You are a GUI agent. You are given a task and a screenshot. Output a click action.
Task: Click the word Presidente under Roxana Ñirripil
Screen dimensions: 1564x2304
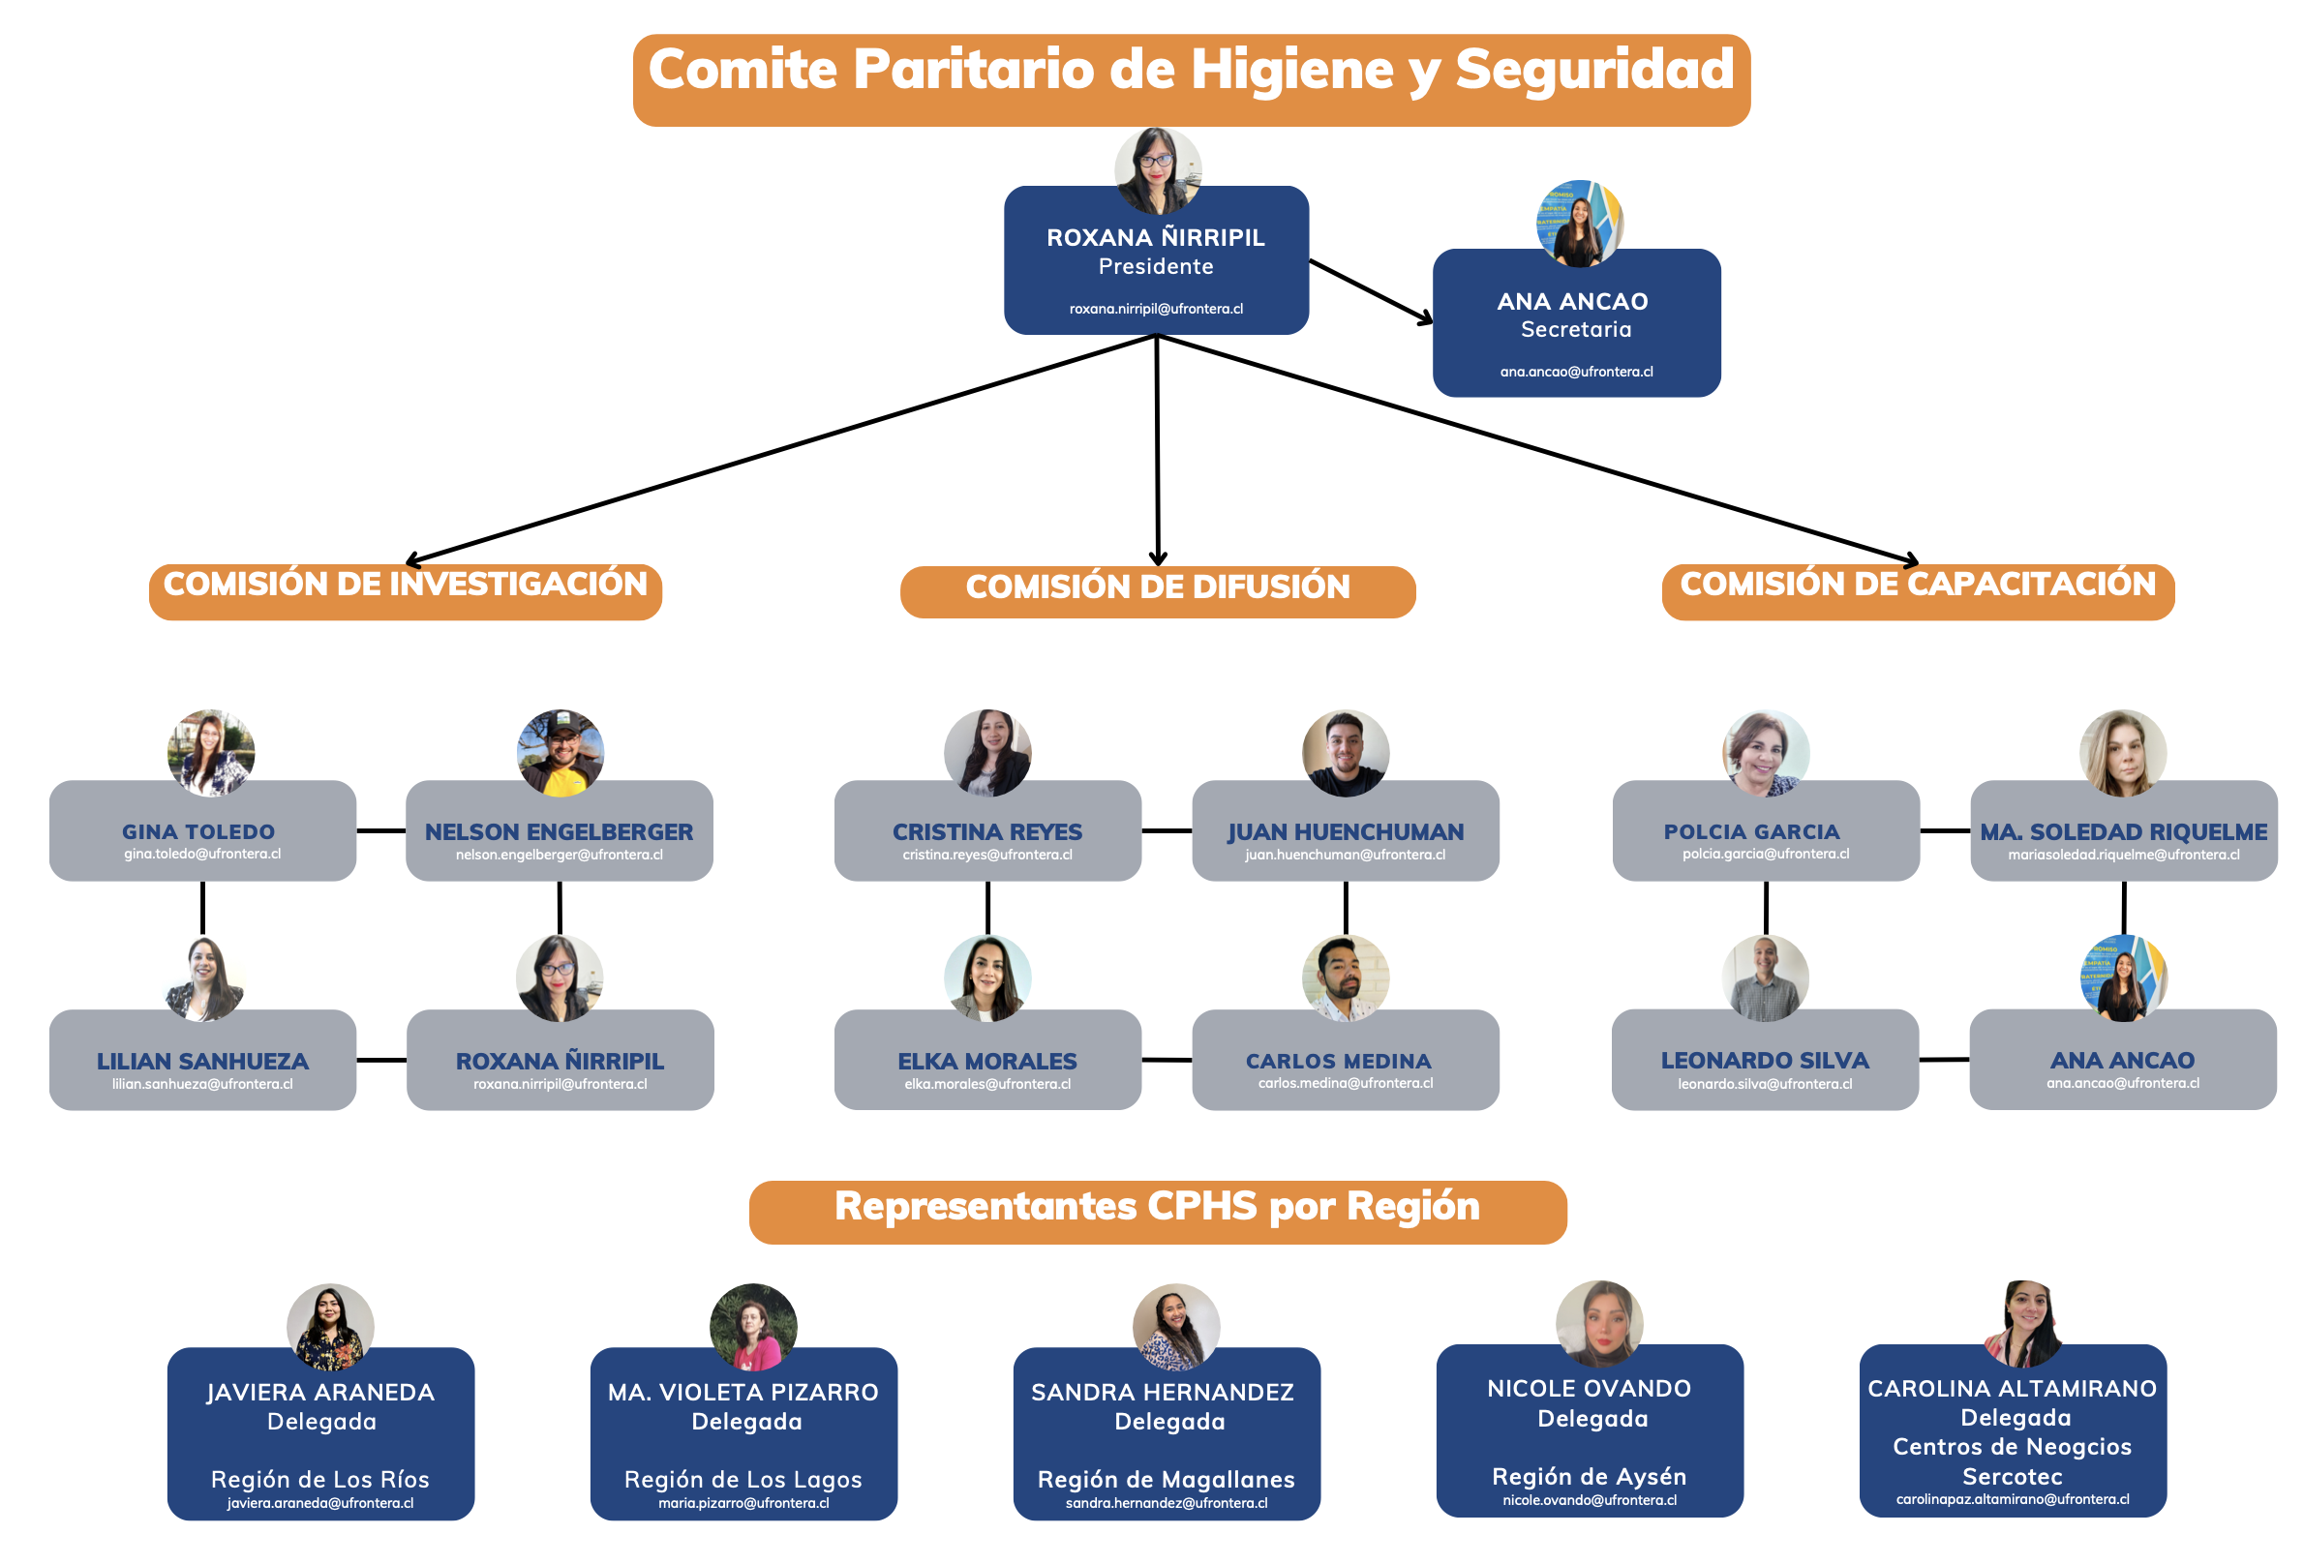click(1156, 266)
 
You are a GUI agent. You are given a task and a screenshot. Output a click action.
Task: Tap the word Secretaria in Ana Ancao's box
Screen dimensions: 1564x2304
click(1576, 329)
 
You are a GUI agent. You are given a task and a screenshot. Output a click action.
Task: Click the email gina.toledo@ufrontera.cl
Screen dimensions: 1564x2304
click(202, 855)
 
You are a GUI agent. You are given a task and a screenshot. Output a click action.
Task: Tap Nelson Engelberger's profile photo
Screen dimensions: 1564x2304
click(561, 752)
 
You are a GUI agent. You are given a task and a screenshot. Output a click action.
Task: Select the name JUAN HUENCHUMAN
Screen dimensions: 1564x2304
click(1346, 831)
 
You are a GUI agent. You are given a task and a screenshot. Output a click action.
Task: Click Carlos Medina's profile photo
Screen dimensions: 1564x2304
click(1346, 978)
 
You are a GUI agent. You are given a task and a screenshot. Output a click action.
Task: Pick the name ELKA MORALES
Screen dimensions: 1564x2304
click(987, 1062)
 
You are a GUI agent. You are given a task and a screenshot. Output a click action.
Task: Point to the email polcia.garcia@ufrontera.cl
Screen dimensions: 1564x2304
click(1766, 855)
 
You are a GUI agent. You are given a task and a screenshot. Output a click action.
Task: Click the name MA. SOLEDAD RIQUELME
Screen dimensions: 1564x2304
click(2124, 831)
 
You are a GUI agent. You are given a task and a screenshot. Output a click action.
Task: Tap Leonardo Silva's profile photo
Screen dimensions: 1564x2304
click(1766, 978)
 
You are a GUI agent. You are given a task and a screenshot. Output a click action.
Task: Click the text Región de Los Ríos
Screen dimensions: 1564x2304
click(320, 1480)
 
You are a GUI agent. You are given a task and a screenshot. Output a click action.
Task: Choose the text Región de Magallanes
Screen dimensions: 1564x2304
click(1166, 1480)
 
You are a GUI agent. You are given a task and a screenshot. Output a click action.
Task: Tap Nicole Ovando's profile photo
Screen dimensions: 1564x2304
click(1599, 1323)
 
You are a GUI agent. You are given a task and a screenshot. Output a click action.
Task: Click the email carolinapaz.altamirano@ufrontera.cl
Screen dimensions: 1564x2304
click(2013, 1499)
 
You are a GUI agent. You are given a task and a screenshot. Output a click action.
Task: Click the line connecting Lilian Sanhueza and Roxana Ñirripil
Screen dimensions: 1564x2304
click(381, 1061)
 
